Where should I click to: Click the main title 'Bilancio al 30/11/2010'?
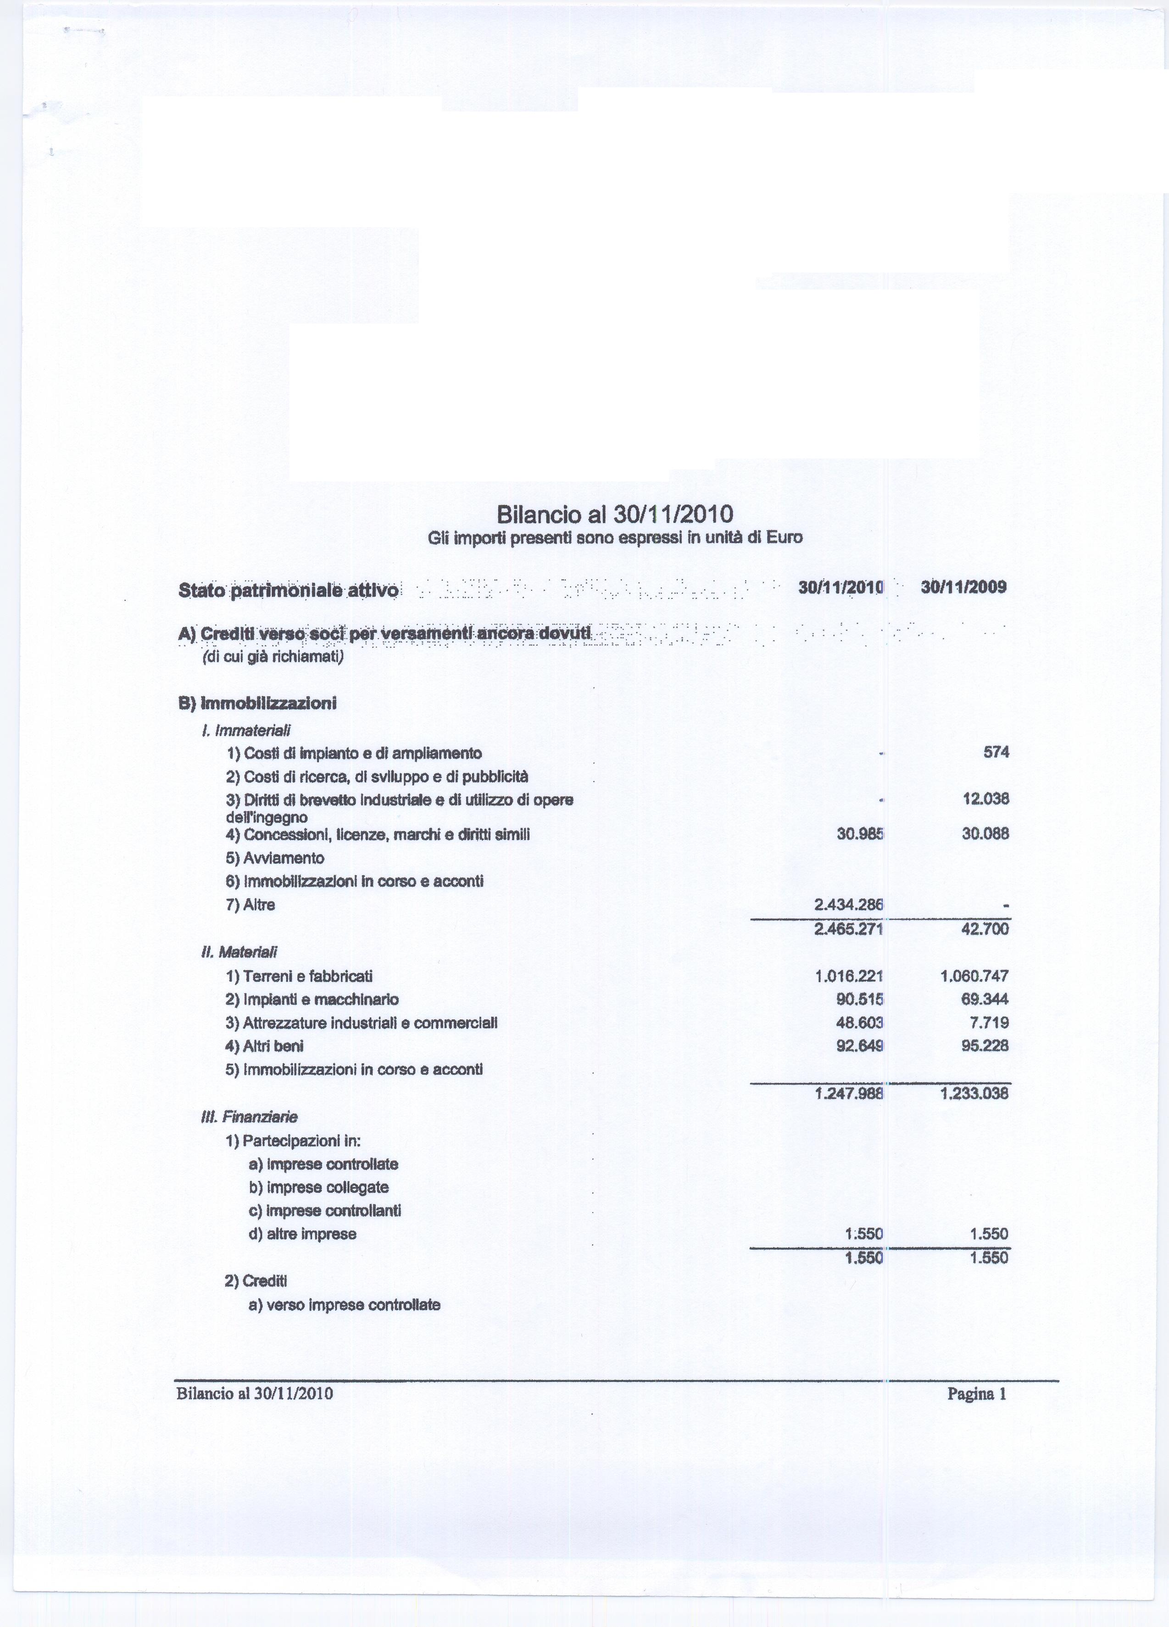[615, 514]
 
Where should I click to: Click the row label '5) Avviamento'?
[275, 858]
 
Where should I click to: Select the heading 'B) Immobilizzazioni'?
[257, 703]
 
